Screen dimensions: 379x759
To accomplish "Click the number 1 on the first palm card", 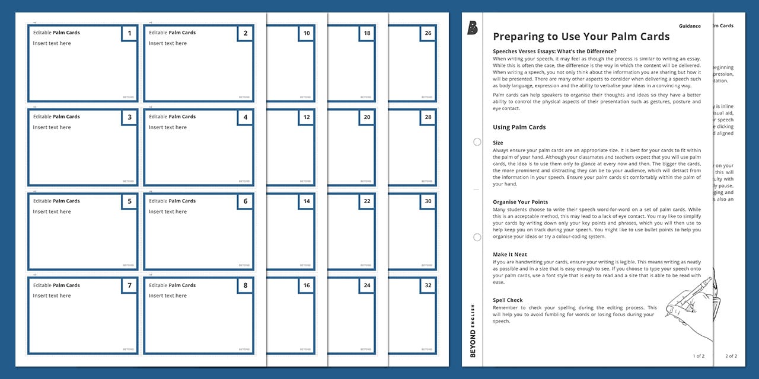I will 129,33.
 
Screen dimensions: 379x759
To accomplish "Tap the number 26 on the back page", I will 428,33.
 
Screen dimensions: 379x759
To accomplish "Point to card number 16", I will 306,285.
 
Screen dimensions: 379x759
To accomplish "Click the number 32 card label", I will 428,285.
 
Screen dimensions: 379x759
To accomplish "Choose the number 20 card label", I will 367,117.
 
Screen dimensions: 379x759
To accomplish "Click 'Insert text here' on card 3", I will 52,127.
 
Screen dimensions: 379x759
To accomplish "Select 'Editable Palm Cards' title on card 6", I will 173,201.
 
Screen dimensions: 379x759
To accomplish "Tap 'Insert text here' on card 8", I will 167,296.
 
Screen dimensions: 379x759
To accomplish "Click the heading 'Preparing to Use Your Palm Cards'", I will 581,37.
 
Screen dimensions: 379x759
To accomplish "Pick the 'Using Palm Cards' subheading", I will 519,127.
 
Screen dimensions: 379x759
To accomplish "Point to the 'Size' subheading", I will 498,143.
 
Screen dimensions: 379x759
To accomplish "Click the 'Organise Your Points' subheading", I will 520,202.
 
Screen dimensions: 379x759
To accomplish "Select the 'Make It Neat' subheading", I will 510,255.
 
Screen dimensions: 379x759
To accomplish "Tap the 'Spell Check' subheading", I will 508,300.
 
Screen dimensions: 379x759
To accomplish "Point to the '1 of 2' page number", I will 699,356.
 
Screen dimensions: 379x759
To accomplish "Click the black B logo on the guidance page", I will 473,28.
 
